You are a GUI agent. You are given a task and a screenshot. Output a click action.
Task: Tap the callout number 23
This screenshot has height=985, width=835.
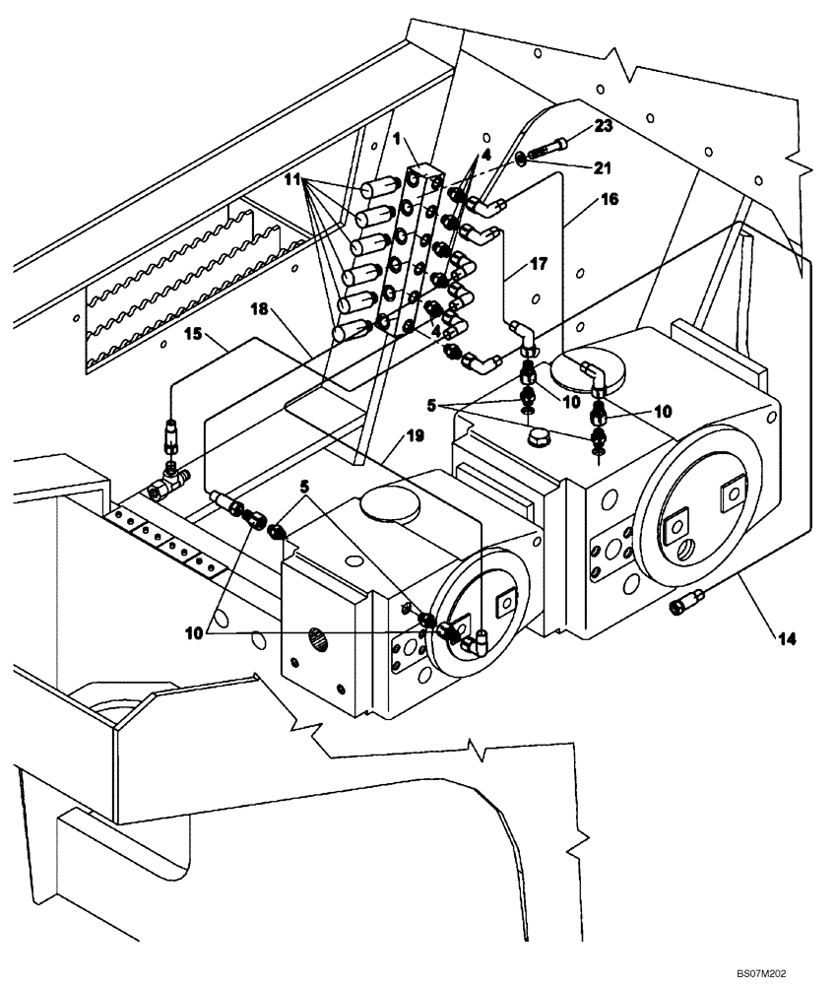(x=603, y=125)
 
